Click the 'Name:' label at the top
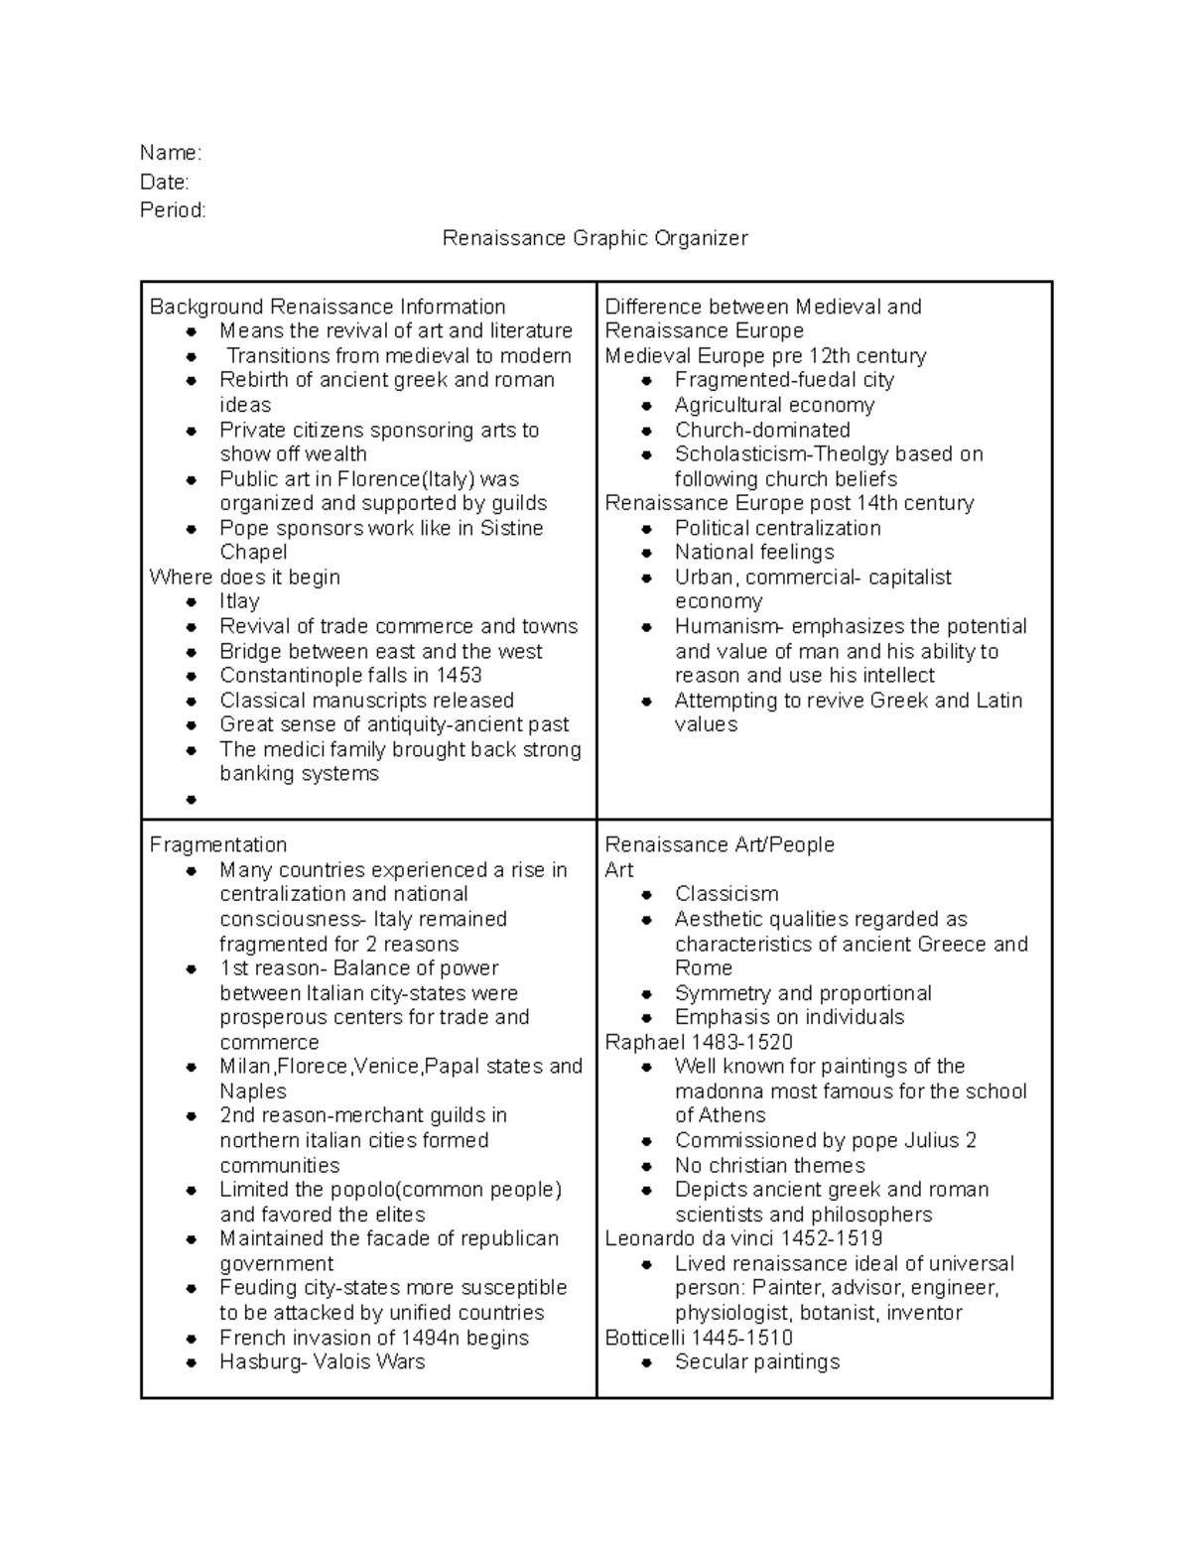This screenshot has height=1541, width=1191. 170,153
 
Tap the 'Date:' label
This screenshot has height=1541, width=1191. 164,182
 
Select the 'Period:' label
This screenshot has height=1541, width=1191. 173,210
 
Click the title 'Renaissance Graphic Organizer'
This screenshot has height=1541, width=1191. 595,239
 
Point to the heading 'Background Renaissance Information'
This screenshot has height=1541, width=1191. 328,307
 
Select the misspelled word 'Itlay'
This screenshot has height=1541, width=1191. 239,601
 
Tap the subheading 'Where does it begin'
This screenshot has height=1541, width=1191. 244,578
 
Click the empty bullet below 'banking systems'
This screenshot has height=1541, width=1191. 192,799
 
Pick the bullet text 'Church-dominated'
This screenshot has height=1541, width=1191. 762,430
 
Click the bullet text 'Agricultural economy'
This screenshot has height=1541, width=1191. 774,405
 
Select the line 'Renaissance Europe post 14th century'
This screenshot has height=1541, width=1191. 789,503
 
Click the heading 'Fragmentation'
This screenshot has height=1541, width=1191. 218,844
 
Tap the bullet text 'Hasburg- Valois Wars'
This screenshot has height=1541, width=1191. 323,1361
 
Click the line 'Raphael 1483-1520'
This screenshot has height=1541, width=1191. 699,1042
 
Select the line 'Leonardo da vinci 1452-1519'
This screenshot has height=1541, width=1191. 743,1238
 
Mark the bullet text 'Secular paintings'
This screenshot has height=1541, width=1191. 757,1361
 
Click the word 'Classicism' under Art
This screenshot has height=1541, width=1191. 727,894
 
